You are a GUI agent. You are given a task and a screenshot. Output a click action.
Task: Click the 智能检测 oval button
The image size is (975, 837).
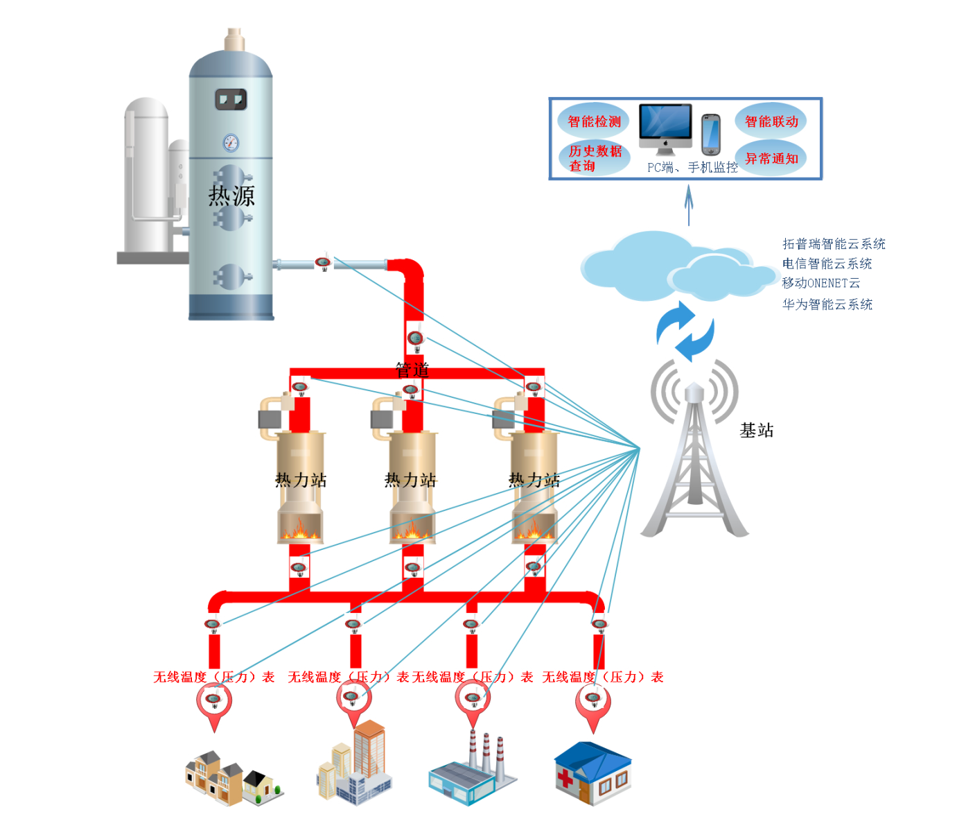pyautogui.click(x=594, y=121)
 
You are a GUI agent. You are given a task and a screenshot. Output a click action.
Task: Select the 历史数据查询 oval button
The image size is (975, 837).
pyautogui.click(x=595, y=158)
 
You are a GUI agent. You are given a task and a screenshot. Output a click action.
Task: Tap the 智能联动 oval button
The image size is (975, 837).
pyautogui.click(x=771, y=121)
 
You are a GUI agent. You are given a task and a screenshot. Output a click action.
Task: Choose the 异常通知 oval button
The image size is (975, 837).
pyautogui.click(x=771, y=158)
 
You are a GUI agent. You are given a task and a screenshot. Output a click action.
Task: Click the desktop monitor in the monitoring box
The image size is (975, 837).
pyautogui.click(x=665, y=127)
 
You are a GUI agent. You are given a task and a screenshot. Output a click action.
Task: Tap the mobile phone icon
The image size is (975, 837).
pyautogui.click(x=710, y=135)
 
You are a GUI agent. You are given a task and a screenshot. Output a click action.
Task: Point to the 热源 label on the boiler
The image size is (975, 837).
pyautogui.click(x=231, y=196)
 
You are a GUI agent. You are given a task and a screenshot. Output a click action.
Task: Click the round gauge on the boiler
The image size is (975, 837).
pyautogui.click(x=231, y=143)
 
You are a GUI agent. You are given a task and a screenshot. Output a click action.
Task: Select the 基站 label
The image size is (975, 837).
pyautogui.click(x=756, y=431)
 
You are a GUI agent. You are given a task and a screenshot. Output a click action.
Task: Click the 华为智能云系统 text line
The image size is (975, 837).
pyautogui.click(x=827, y=304)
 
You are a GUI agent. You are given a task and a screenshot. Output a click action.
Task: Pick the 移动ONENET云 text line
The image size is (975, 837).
pyautogui.click(x=820, y=283)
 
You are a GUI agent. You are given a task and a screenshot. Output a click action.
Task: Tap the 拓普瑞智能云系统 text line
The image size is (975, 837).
pyautogui.click(x=834, y=243)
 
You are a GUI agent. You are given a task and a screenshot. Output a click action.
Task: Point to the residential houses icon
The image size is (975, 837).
pyautogui.click(x=233, y=777)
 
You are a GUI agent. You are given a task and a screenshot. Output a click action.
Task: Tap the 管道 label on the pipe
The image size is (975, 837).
pyautogui.click(x=412, y=370)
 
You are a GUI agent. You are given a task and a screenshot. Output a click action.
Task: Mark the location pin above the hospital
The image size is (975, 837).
pyautogui.click(x=593, y=704)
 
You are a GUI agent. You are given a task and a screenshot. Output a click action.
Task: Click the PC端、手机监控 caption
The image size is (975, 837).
pyautogui.click(x=692, y=167)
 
